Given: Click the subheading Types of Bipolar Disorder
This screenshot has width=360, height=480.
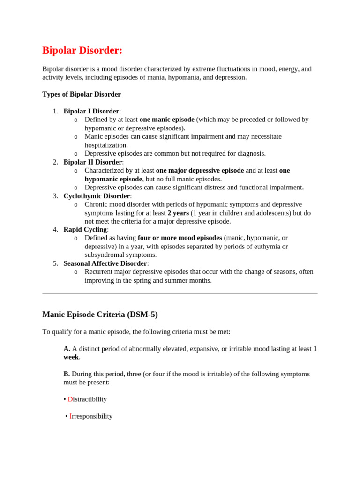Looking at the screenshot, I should (82, 94).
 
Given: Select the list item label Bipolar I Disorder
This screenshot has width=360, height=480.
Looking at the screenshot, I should (91, 111).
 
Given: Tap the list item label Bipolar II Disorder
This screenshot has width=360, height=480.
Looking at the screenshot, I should (92, 162).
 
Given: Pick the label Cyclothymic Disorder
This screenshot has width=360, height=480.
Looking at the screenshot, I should (97, 196).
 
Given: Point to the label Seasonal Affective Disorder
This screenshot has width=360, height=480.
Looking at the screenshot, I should (105, 263).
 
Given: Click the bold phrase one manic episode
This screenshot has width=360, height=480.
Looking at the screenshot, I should (167, 120).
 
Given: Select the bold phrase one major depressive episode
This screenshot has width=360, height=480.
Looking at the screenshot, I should (200, 171).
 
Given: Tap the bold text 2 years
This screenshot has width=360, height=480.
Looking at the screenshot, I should (178, 213).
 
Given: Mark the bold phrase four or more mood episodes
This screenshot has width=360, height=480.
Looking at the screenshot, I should (180, 238).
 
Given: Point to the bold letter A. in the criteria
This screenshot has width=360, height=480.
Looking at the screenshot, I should (67, 349).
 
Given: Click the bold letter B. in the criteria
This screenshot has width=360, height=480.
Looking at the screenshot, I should (67, 374).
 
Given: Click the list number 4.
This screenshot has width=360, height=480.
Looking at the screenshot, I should (55, 230).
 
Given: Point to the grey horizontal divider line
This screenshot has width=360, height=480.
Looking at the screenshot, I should (180, 293).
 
